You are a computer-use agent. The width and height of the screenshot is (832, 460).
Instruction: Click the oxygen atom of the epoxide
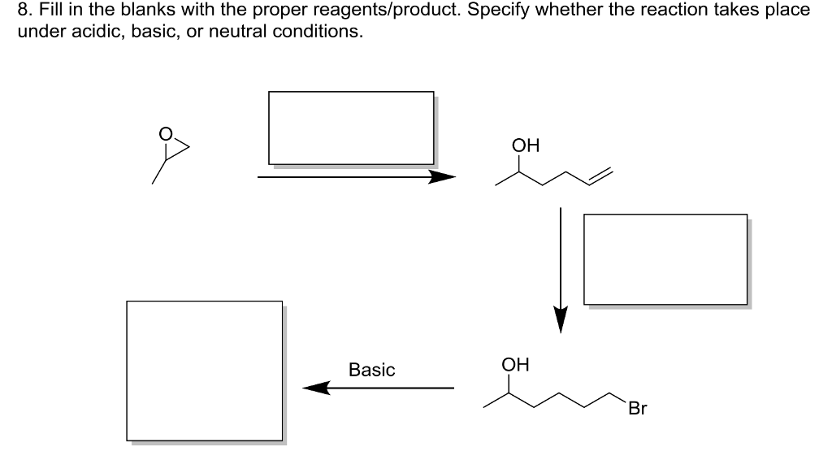click(x=166, y=133)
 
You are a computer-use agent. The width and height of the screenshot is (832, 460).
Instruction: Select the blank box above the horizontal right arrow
click(x=351, y=128)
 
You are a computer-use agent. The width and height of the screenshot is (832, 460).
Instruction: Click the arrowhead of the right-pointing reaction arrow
click(x=444, y=177)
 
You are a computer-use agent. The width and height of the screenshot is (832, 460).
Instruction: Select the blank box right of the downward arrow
click(x=665, y=259)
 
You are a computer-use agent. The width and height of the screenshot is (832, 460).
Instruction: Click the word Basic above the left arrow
click(x=371, y=371)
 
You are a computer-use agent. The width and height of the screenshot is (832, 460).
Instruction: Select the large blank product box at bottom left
click(x=205, y=371)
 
